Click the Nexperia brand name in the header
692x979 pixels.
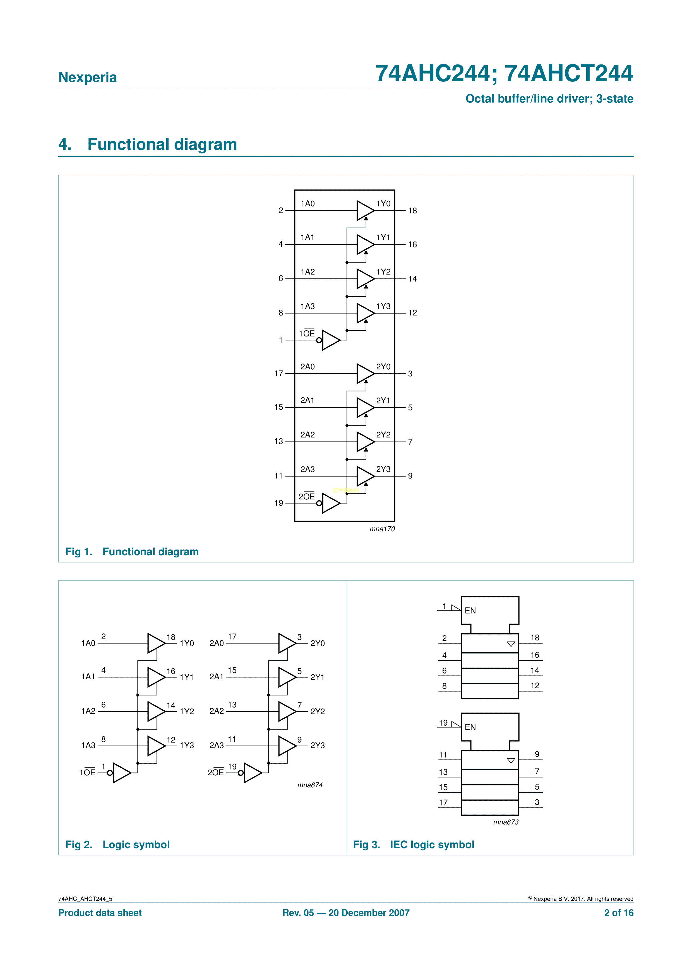tap(87, 77)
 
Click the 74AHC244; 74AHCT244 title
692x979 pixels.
tap(504, 73)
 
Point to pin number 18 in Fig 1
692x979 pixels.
tap(412, 211)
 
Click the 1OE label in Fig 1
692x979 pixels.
tap(307, 333)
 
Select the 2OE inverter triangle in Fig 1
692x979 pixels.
tap(330, 503)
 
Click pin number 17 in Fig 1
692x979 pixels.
tap(278, 374)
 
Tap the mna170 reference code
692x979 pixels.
tap(382, 529)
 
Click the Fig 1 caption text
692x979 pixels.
tap(132, 552)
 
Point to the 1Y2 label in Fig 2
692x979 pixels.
tap(187, 711)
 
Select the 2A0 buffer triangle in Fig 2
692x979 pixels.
tap(287, 643)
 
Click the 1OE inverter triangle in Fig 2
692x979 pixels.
tap(121, 773)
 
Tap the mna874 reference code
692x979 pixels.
tap(310, 785)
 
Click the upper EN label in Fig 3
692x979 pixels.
tap(470, 611)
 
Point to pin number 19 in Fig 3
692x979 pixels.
tap(443, 723)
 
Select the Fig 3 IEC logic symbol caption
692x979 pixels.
tap(414, 845)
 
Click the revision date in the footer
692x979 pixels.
tap(346, 913)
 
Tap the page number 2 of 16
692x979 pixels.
tap(619, 913)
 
